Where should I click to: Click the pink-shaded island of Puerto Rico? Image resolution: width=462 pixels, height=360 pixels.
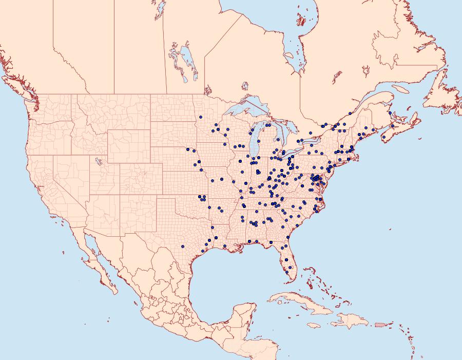coord(380,324)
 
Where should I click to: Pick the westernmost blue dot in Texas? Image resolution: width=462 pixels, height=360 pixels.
coord(183,246)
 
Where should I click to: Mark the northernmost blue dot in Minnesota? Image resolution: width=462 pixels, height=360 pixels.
coord(200,117)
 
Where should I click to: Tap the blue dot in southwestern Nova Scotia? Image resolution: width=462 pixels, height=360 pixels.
coord(384,137)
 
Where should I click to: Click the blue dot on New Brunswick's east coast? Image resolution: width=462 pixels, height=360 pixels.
coord(390,113)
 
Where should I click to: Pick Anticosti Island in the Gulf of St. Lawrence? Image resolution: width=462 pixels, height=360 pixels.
coord(403,88)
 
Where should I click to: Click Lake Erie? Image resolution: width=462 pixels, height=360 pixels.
coord(291,154)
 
